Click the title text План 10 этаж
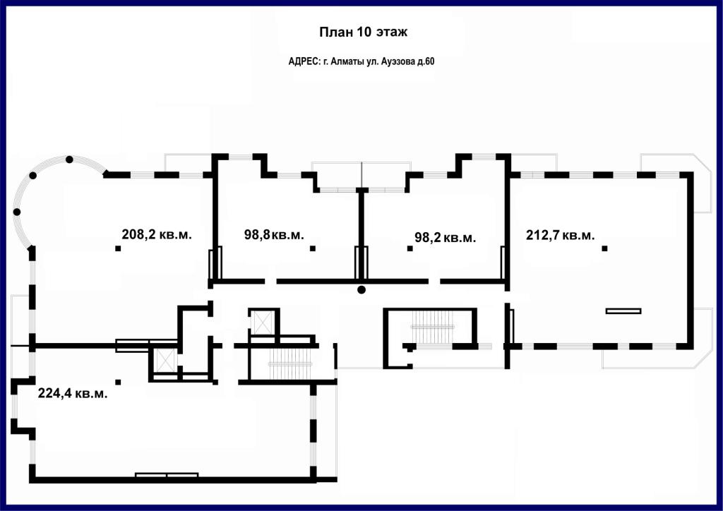364,32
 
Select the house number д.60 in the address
426,61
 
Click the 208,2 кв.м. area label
157,234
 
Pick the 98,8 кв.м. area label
274,234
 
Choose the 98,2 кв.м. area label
445,238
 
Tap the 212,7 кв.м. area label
560,235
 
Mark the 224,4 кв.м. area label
73,394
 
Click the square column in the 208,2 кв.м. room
118,248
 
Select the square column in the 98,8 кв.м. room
313,248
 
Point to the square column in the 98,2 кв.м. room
410,248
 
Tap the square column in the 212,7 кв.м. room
604,248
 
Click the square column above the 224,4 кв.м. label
118,382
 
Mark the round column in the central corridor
361,290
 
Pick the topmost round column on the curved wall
69,160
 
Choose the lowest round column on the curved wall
17,212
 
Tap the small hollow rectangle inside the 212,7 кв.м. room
623,311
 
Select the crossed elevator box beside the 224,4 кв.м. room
165,359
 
